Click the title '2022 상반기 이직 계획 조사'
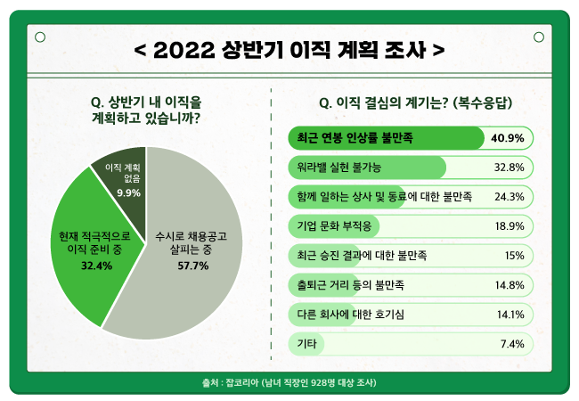[289, 48]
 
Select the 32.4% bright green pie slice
[85, 250]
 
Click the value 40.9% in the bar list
[507, 138]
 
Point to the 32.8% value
[509, 167]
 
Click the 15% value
[513, 255]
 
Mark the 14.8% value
[509, 284]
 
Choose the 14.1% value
[509, 314]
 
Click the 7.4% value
[511, 343]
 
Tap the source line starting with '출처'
[289, 382]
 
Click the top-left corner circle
[39, 37]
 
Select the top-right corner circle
[539, 37]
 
